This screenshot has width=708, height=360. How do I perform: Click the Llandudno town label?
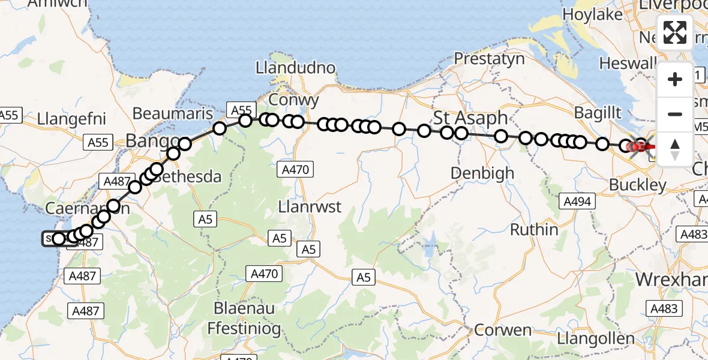pyautogui.click(x=295, y=68)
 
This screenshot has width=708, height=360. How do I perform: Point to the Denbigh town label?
pyautogui.click(x=482, y=173)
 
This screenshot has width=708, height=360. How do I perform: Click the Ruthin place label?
pyautogui.click(x=534, y=229)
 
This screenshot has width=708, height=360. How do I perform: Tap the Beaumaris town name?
pyautogui.click(x=172, y=113)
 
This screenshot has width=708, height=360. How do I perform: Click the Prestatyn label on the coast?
pyautogui.click(x=489, y=59)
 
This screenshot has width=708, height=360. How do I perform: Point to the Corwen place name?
pyautogui.click(x=503, y=330)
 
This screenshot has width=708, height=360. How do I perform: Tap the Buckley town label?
pyautogui.click(x=637, y=185)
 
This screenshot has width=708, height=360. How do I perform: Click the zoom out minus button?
pyautogui.click(x=675, y=114)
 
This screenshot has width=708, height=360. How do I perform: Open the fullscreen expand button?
pyautogui.click(x=675, y=32)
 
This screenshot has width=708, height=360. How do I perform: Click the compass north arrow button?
pyautogui.click(x=675, y=148)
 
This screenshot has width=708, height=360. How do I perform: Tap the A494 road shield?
pyautogui.click(x=576, y=202)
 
